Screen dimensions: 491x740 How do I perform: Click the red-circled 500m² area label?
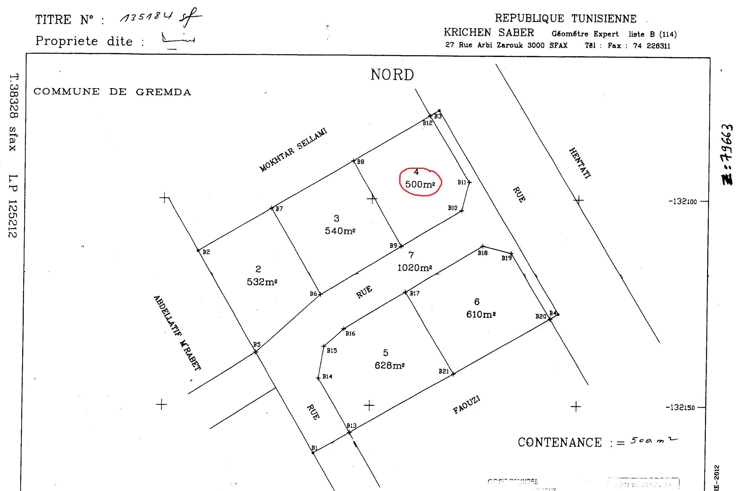[420, 184]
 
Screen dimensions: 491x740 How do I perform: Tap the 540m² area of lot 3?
[340, 231]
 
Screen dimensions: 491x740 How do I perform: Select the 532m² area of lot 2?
[262, 282]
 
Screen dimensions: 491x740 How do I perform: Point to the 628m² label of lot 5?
[389, 365]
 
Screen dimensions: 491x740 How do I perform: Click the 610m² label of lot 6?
[481, 314]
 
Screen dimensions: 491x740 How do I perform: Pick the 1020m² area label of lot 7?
[415, 268]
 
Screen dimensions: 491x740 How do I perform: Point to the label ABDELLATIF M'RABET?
[177, 333]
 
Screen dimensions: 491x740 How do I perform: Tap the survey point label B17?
[415, 293]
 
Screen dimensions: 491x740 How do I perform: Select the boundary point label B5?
[257, 344]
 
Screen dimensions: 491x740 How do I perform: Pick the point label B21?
[443, 372]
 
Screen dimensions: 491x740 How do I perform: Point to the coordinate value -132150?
[680, 408]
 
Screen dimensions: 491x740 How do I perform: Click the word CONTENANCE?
[560, 443]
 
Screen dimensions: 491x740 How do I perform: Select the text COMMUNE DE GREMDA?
[112, 92]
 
